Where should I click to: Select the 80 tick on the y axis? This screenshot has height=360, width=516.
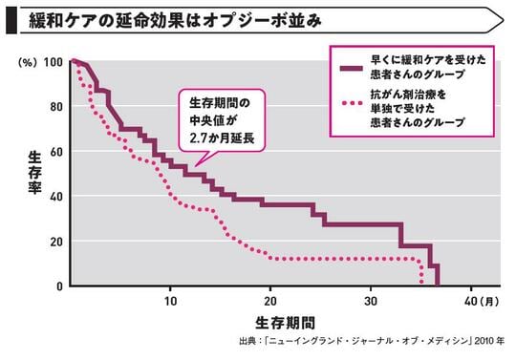pos(56,107)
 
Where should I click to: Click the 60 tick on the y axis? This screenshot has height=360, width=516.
pos(56,152)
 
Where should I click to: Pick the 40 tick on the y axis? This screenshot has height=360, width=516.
pos(56,197)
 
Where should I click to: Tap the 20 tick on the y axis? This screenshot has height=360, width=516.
pos(56,242)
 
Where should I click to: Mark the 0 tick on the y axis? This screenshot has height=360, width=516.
pos(59,286)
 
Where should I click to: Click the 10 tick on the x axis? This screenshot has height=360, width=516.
pos(170,299)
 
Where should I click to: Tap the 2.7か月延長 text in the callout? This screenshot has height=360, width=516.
pos(223,140)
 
